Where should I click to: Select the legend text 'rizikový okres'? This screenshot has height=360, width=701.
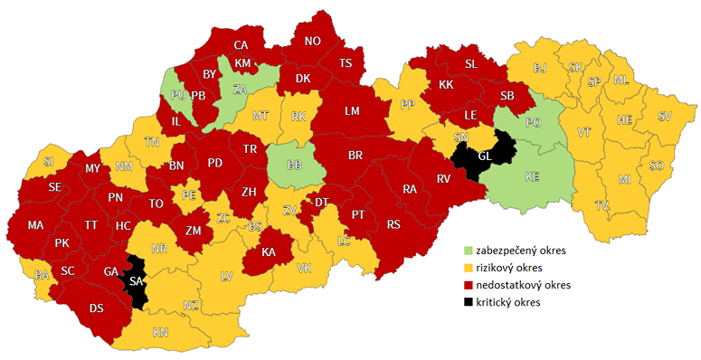tap(516, 267)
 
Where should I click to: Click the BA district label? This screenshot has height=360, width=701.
tap(41, 274)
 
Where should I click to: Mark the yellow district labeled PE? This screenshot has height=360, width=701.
tap(189, 194)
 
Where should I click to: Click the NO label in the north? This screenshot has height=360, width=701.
tap(312, 41)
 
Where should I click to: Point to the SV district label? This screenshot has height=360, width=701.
tap(665, 116)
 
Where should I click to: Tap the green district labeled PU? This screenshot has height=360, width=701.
tap(177, 94)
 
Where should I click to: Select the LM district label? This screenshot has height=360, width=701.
tap(352, 110)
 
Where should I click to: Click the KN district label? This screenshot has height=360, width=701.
tap(160, 333)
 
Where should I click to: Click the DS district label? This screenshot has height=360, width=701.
tap(97, 308)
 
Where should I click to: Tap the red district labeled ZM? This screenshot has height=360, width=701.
tap(193, 231)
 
